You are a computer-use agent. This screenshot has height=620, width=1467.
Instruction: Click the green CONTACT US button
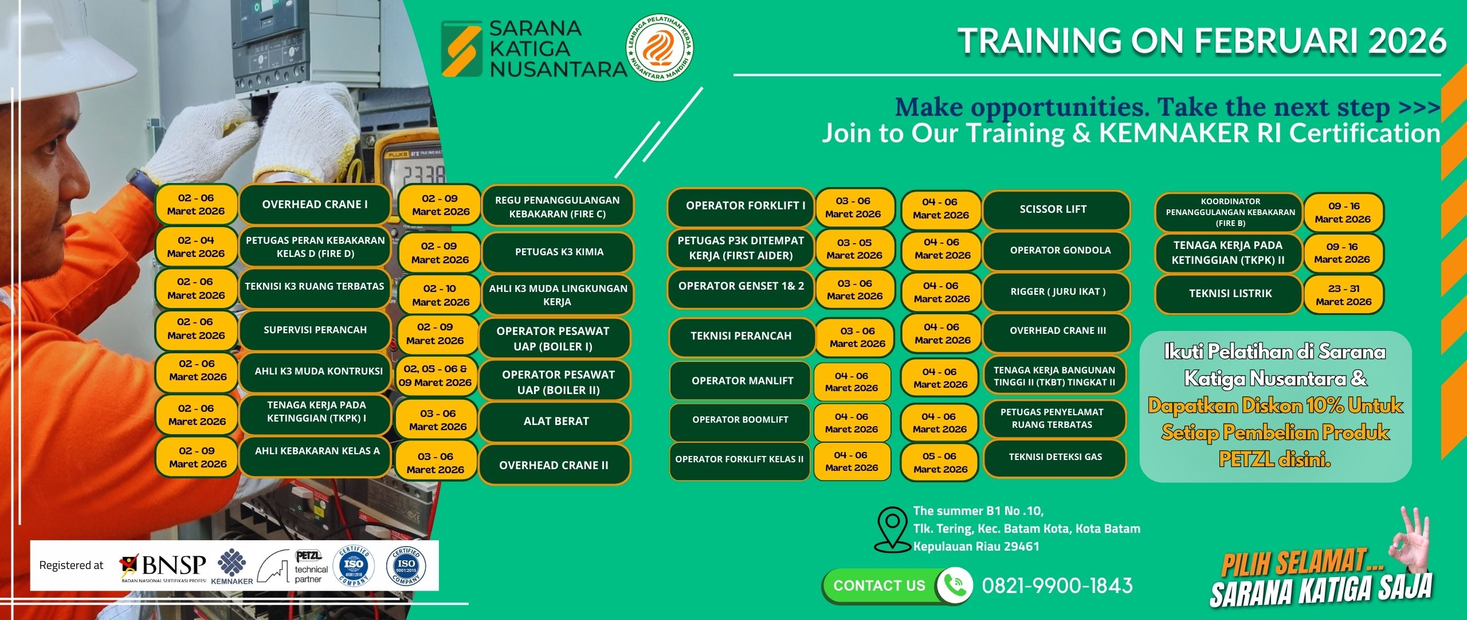880,586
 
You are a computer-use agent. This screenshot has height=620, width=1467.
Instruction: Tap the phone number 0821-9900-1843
1057,586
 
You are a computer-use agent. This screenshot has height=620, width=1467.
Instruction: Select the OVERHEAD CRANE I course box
315,204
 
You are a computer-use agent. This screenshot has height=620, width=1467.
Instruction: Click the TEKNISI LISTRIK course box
1230,294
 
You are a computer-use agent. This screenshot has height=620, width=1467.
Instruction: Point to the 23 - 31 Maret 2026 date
1344,295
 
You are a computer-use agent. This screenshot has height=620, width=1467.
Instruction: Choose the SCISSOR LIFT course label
1056,209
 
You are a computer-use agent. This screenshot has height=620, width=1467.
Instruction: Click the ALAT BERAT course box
555,422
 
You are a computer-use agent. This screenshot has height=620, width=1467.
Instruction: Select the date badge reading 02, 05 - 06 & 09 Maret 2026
436,376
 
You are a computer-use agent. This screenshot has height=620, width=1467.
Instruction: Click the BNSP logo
163,567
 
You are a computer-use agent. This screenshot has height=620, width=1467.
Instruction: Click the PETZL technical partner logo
292,567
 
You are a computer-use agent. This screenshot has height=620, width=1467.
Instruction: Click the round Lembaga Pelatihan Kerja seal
660,48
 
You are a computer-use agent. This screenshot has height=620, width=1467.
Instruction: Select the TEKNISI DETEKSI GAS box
1055,458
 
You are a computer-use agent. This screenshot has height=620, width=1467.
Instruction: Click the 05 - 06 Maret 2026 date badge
940,462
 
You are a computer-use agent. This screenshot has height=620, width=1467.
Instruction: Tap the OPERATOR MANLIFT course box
742,380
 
